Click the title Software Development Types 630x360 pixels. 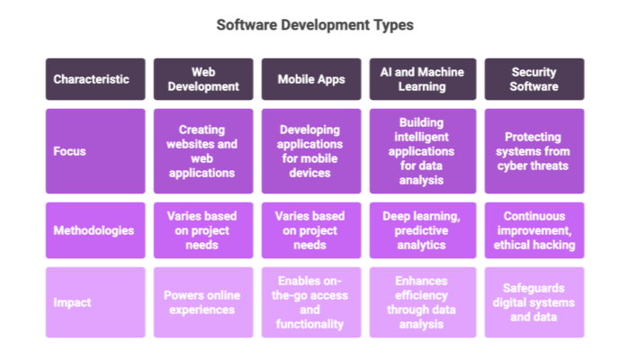pyautogui.click(x=315, y=25)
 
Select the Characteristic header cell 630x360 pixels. pyautogui.click(x=94, y=79)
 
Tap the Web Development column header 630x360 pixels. pyautogui.click(x=202, y=79)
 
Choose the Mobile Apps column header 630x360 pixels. pyautogui.click(x=310, y=79)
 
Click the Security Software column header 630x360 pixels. pyautogui.click(x=534, y=79)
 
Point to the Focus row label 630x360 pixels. pyautogui.click(x=94, y=151)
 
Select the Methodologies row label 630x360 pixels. pyautogui.click(x=94, y=229)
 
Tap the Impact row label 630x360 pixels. pyautogui.click(x=94, y=302)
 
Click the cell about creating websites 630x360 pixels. pyautogui.click(x=202, y=151)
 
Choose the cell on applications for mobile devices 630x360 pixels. pyautogui.click(x=310, y=151)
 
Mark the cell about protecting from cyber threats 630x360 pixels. pyautogui.click(x=534, y=151)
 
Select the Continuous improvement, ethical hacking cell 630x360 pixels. pyautogui.click(x=534, y=229)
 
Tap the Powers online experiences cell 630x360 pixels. pyautogui.click(x=202, y=302)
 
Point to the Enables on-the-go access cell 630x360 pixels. pyautogui.click(x=310, y=302)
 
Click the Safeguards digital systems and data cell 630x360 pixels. pyautogui.click(x=534, y=302)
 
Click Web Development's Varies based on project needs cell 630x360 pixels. pyautogui.click(x=202, y=229)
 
